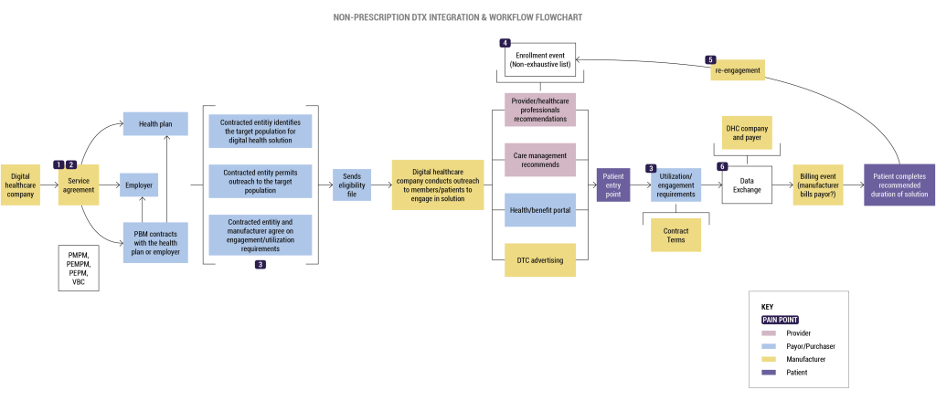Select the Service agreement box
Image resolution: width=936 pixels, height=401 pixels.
tap(79, 186)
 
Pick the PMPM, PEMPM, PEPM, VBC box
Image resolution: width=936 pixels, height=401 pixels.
tap(79, 267)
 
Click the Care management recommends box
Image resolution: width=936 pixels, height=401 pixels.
tap(540, 159)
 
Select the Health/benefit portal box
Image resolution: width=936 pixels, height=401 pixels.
tap(540, 210)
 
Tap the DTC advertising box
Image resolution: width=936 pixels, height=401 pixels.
tap(540, 260)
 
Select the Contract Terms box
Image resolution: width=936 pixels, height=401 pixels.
tap(675, 234)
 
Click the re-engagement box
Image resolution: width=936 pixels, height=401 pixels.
tap(736, 69)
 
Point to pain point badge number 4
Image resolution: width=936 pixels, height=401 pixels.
tap(505, 43)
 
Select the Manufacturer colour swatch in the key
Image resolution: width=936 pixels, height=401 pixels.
tap(768, 360)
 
